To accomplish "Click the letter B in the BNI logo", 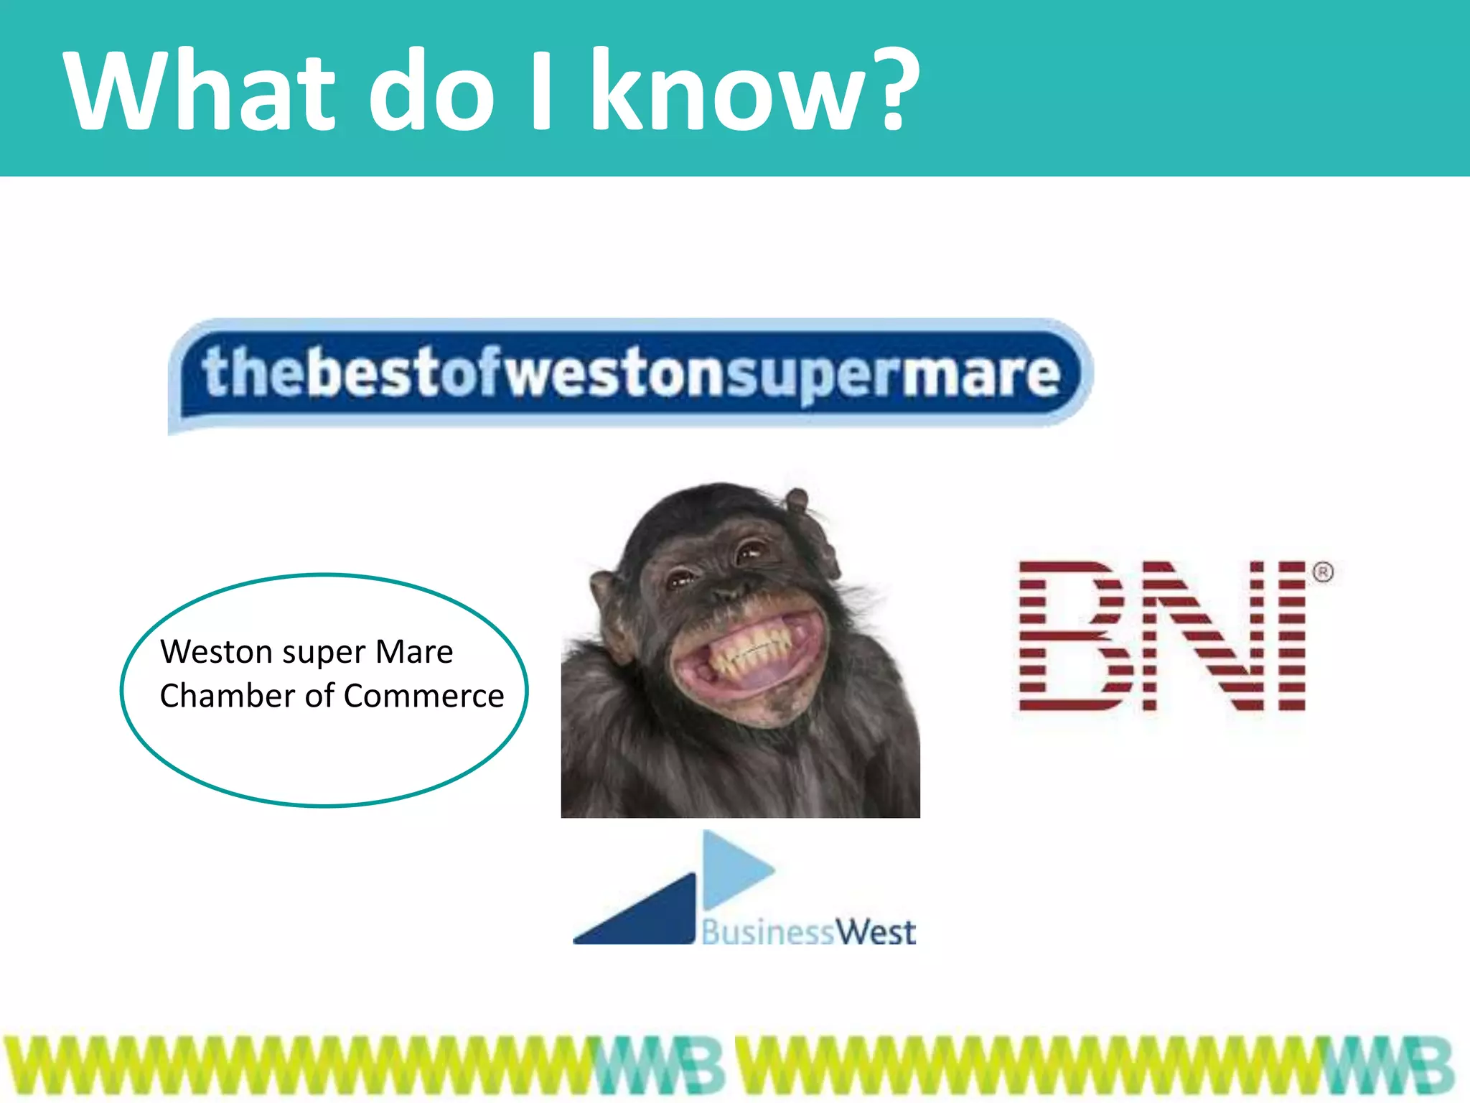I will tap(1071, 636).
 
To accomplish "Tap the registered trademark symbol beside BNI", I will tap(1323, 572).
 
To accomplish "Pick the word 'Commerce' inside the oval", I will tap(423, 696).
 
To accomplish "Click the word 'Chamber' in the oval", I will tap(228, 696).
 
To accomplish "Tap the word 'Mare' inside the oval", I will tap(414, 652).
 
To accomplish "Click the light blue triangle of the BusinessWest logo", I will tap(732, 869).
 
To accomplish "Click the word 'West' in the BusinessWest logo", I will tap(876, 933).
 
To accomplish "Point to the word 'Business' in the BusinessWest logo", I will tap(767, 933).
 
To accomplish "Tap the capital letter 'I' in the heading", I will tap(542, 90).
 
